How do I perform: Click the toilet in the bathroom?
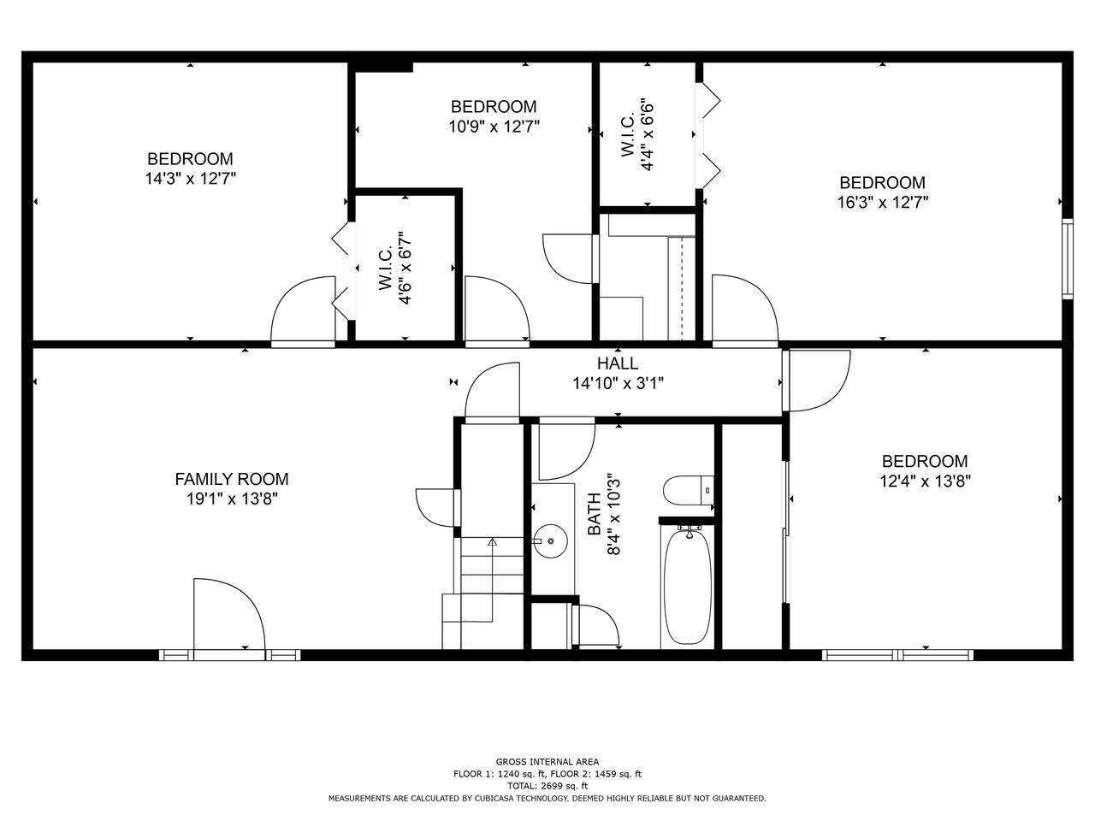689,491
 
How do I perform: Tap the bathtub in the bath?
688,587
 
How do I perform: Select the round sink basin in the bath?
550,540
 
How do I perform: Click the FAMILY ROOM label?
232,479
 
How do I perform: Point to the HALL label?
618,363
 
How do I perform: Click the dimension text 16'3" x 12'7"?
883,203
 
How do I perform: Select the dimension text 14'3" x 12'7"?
190,179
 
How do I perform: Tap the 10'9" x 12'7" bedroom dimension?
494,127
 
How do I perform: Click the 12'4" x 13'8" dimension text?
925,481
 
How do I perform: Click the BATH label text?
595,514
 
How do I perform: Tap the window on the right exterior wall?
1068,259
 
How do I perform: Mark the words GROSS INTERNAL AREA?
547,762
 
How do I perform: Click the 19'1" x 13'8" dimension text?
232,499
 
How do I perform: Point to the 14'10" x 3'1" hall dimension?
619,383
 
